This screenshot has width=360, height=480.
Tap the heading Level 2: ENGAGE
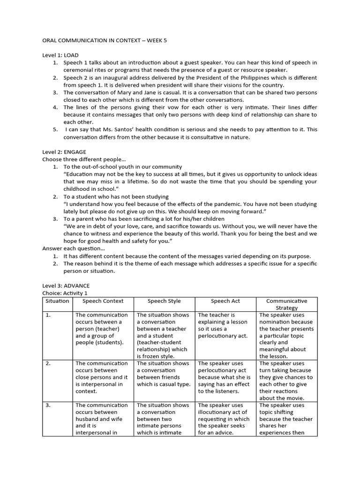(x=64, y=152)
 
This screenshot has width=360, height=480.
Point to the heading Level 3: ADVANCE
(x=66, y=285)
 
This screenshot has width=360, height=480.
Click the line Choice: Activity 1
(x=65, y=293)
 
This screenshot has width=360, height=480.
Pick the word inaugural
(x=119, y=78)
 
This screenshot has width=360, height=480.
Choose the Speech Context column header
(x=103, y=301)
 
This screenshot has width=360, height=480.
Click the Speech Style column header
(x=164, y=301)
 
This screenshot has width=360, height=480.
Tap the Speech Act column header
(x=225, y=301)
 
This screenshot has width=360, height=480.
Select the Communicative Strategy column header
(x=286, y=305)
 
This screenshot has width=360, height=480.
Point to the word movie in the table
(x=298, y=398)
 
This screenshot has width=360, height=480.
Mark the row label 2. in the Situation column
(x=48, y=363)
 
